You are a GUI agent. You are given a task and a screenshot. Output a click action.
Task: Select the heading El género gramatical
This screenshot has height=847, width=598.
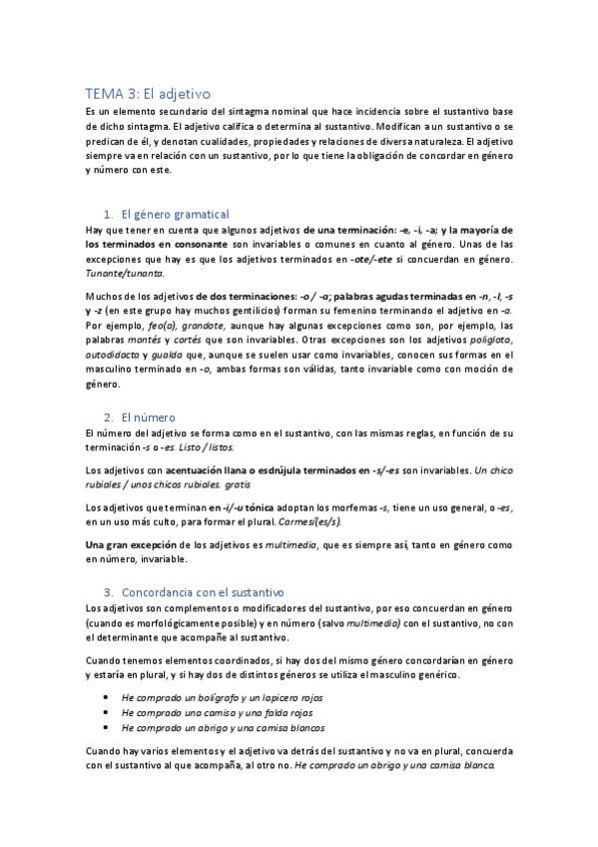tap(174, 214)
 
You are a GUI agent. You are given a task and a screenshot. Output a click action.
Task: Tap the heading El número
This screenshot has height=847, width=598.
tap(147, 417)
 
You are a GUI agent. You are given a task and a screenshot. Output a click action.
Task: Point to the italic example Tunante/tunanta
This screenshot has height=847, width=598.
tap(125, 273)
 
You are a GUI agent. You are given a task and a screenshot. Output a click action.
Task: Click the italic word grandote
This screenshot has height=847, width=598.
tap(206, 326)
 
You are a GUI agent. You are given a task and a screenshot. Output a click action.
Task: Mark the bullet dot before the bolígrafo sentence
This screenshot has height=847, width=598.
tap(107, 697)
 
